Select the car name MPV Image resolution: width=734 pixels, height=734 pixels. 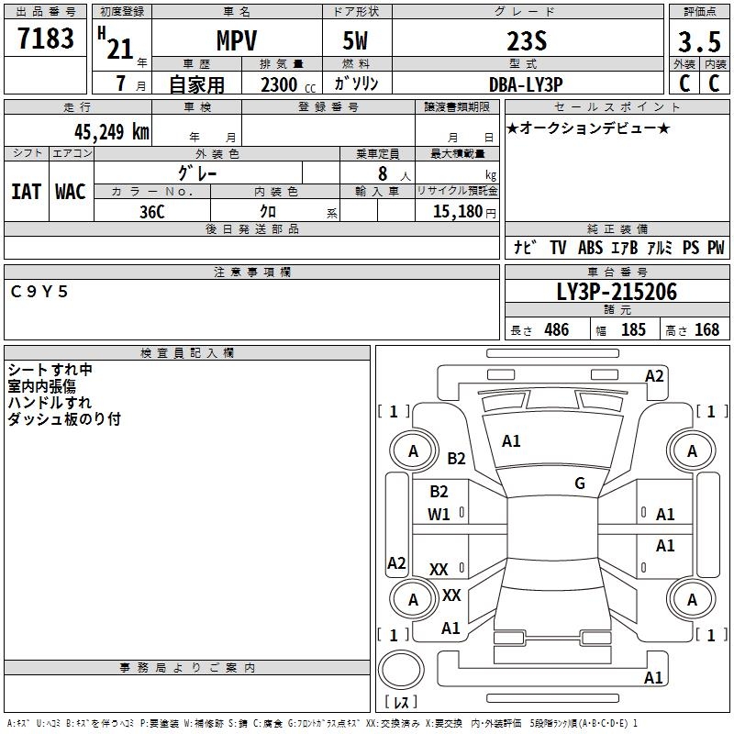pyautogui.click(x=236, y=40)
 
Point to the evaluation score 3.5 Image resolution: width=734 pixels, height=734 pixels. pyautogui.click(x=697, y=40)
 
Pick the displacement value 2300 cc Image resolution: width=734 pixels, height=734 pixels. pyautogui.click(x=281, y=84)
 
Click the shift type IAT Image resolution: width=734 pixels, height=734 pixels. pyautogui.click(x=26, y=192)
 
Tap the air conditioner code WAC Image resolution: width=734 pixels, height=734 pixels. pyautogui.click(x=71, y=192)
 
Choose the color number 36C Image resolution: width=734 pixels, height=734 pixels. pyautogui.click(x=152, y=211)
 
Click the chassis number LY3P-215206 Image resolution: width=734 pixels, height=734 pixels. pyautogui.click(x=617, y=292)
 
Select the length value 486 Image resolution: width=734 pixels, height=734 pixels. pyautogui.click(x=556, y=329)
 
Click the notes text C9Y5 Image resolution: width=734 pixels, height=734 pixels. pyautogui.click(x=39, y=292)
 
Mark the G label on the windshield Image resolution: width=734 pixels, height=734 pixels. pyautogui.click(x=580, y=484)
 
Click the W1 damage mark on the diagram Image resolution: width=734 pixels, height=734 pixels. pyautogui.click(x=439, y=515)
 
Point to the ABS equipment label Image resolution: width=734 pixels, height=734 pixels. pyautogui.click(x=590, y=248)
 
